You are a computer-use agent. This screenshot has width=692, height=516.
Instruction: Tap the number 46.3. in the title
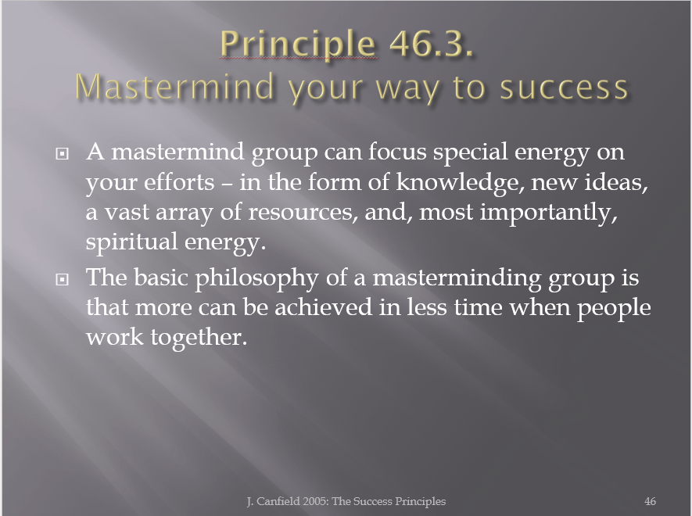click(432, 44)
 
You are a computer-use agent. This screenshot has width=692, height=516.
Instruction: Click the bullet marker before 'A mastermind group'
click(63, 153)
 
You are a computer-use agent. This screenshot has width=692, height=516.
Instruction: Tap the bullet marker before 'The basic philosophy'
click(63, 279)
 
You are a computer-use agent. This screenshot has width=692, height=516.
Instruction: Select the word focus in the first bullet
click(397, 152)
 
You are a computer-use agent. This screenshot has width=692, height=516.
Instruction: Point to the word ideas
click(616, 183)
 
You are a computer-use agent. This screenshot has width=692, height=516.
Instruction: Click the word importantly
click(548, 213)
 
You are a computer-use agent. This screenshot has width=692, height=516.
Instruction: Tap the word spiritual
click(131, 243)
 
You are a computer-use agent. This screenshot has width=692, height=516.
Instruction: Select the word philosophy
click(256, 279)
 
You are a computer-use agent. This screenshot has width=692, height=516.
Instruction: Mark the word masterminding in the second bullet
click(457, 279)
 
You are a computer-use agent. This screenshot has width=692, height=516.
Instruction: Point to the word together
click(199, 338)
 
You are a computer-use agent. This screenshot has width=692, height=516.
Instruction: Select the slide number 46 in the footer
click(650, 501)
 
